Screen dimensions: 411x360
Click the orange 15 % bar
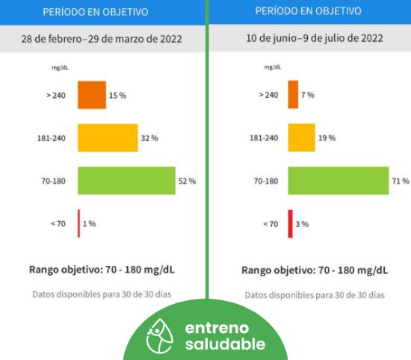(92, 95)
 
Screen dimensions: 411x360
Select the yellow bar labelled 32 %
(108, 138)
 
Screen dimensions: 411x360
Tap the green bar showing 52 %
(126, 181)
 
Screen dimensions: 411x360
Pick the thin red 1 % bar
(79, 223)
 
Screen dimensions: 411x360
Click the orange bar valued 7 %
(293, 94)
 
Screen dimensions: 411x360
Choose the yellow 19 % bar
(302, 137)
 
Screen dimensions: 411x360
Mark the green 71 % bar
(339, 181)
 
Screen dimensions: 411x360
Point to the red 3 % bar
(291, 224)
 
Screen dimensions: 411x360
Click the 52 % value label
(187, 181)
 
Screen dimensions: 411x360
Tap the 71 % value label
(401, 181)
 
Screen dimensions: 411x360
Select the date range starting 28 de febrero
(102, 39)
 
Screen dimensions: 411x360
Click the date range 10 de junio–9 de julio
(315, 38)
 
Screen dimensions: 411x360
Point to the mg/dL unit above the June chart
(272, 67)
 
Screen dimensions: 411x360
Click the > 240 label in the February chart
(56, 95)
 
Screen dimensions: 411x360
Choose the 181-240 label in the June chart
(264, 138)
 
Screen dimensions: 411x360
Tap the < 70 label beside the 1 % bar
(58, 224)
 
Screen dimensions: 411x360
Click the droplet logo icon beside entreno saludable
(160, 336)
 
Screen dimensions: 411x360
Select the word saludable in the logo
(225, 344)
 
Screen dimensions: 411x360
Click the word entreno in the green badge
(217, 328)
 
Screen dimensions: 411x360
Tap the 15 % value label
(117, 96)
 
